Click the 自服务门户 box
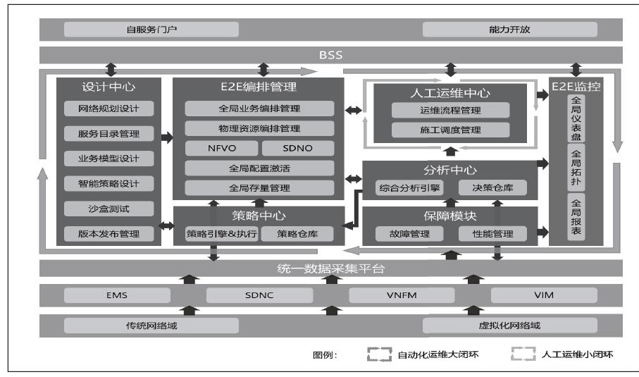tap(151, 30)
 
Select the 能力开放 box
tap(509, 30)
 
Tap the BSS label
tap(330, 55)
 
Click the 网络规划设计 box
tap(108, 109)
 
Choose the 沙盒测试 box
tap(108, 209)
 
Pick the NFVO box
tap(221, 149)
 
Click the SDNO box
tap(298, 149)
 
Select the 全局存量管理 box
tap(259, 188)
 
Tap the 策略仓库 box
tap(297, 234)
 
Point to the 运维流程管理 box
tap(450, 110)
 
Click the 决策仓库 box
tap(492, 188)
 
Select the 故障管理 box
tap(409, 234)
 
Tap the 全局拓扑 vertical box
tap(576, 168)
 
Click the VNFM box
tap(402, 295)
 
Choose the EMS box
tap(117, 295)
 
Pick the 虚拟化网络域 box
tap(509, 326)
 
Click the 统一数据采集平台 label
tap(330, 268)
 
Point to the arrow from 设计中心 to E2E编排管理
tap(167, 137)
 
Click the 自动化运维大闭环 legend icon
tap(380, 354)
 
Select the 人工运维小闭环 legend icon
tap(523, 354)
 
